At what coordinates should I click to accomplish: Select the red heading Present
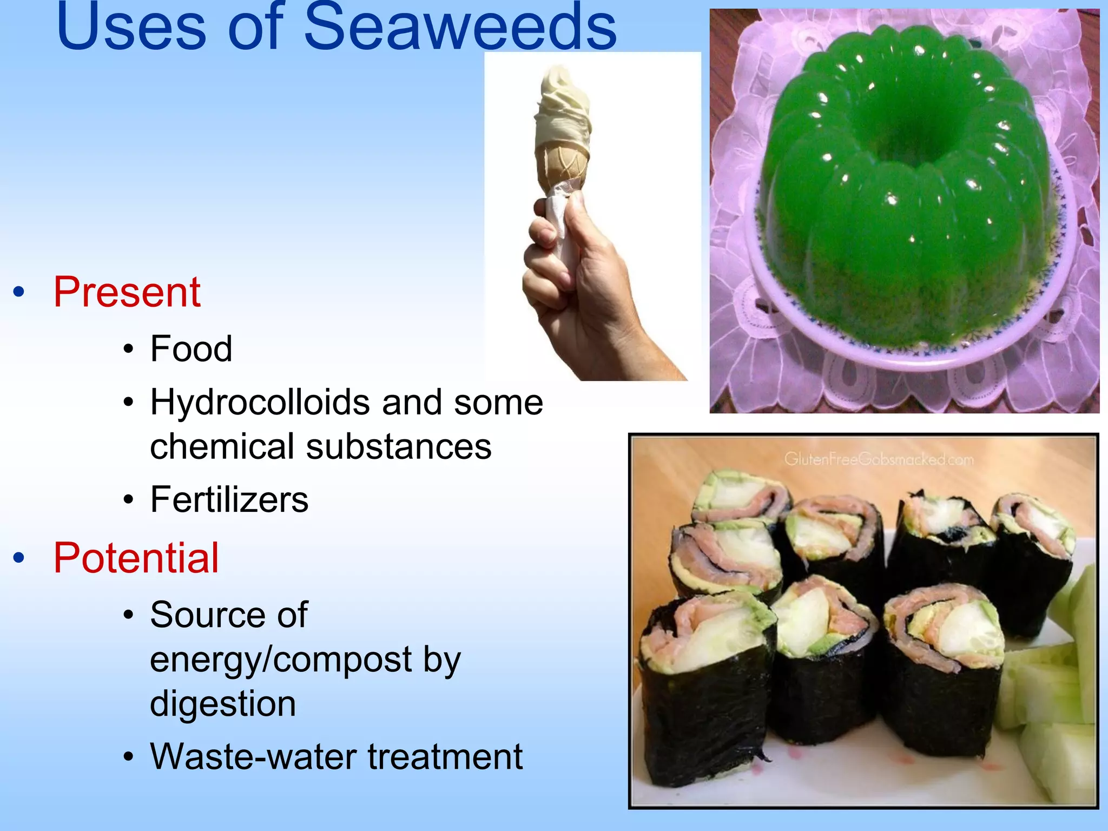(127, 292)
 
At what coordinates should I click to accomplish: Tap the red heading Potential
(136, 558)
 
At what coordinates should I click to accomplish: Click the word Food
(192, 348)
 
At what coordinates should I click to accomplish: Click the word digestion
(223, 703)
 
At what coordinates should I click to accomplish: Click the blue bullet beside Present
(19, 293)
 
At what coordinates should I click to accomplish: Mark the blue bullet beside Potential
(19, 558)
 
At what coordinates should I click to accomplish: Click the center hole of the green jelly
(914, 135)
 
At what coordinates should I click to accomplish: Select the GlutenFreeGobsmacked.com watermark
(879, 459)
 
